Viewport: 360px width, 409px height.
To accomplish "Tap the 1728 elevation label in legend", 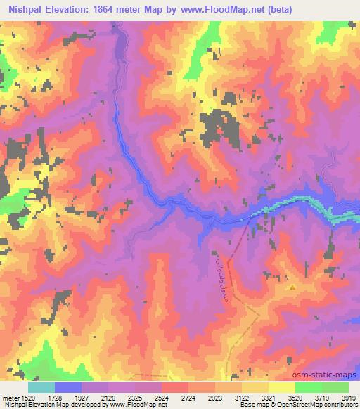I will tap(67, 397).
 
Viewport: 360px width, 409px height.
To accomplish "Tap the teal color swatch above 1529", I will tap(41, 387).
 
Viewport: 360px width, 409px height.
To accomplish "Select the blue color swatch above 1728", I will tap(68, 387).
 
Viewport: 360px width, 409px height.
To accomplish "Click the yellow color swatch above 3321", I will tap(282, 387).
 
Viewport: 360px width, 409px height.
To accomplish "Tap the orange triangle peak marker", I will tap(292, 287).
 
